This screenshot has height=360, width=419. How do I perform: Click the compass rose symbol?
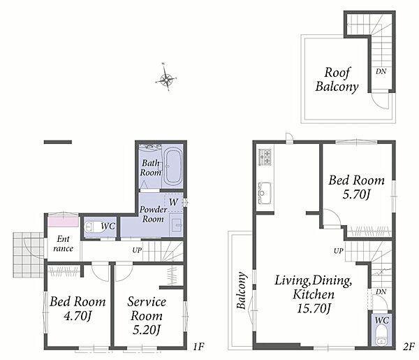click(166, 78)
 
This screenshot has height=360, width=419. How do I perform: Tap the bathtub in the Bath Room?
click(173, 167)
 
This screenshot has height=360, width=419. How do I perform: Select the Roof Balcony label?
click(337, 80)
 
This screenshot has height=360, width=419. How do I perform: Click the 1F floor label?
click(198, 347)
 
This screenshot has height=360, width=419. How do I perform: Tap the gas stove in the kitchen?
click(265, 157)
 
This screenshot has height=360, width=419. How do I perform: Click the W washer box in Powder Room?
click(173, 203)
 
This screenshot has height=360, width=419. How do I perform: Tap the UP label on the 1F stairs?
click(137, 250)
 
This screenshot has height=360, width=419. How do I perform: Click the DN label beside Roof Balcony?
click(381, 71)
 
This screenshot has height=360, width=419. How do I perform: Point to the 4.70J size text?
click(78, 317)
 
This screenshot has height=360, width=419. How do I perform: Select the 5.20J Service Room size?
click(147, 331)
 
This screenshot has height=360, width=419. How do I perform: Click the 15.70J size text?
click(314, 309)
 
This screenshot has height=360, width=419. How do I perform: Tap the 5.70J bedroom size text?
click(356, 194)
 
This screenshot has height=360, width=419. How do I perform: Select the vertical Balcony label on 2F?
click(242, 291)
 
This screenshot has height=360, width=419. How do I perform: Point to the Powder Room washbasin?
click(176, 225)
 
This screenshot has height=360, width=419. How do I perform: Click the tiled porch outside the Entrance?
click(29, 254)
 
